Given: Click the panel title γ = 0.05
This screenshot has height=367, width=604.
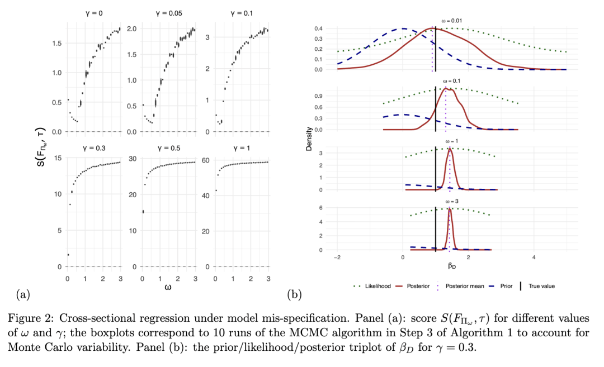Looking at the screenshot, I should tap(167, 12).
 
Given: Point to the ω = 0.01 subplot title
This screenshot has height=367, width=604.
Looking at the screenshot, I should tap(449, 20).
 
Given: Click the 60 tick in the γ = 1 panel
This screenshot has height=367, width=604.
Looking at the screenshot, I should tap(205, 160).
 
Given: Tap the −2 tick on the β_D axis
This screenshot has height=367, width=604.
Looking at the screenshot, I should tap(337, 258).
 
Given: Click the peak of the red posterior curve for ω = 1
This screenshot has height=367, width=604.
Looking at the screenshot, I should tap(449, 149).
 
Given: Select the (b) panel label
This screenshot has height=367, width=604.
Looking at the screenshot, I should tap(294, 293).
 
